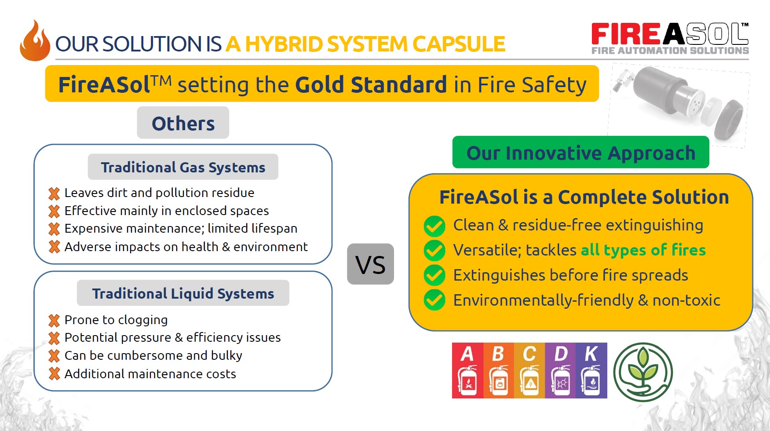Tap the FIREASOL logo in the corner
point(670,39)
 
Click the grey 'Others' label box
point(183,123)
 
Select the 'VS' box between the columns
point(370,264)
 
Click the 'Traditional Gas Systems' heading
point(183,167)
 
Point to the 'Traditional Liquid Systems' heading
point(183,293)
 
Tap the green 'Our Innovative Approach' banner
point(581,152)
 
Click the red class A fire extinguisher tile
point(467,370)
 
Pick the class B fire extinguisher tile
point(499,370)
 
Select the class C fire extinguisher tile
point(529,370)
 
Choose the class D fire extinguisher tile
point(561,370)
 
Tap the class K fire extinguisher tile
point(591,370)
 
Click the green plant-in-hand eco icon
point(643,372)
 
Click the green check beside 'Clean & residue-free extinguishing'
point(434,226)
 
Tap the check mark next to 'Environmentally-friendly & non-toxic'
point(434,300)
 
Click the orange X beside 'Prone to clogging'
point(54,321)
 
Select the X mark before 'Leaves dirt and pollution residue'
point(54,194)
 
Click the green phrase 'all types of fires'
point(643,250)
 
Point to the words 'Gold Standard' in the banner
point(371,84)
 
